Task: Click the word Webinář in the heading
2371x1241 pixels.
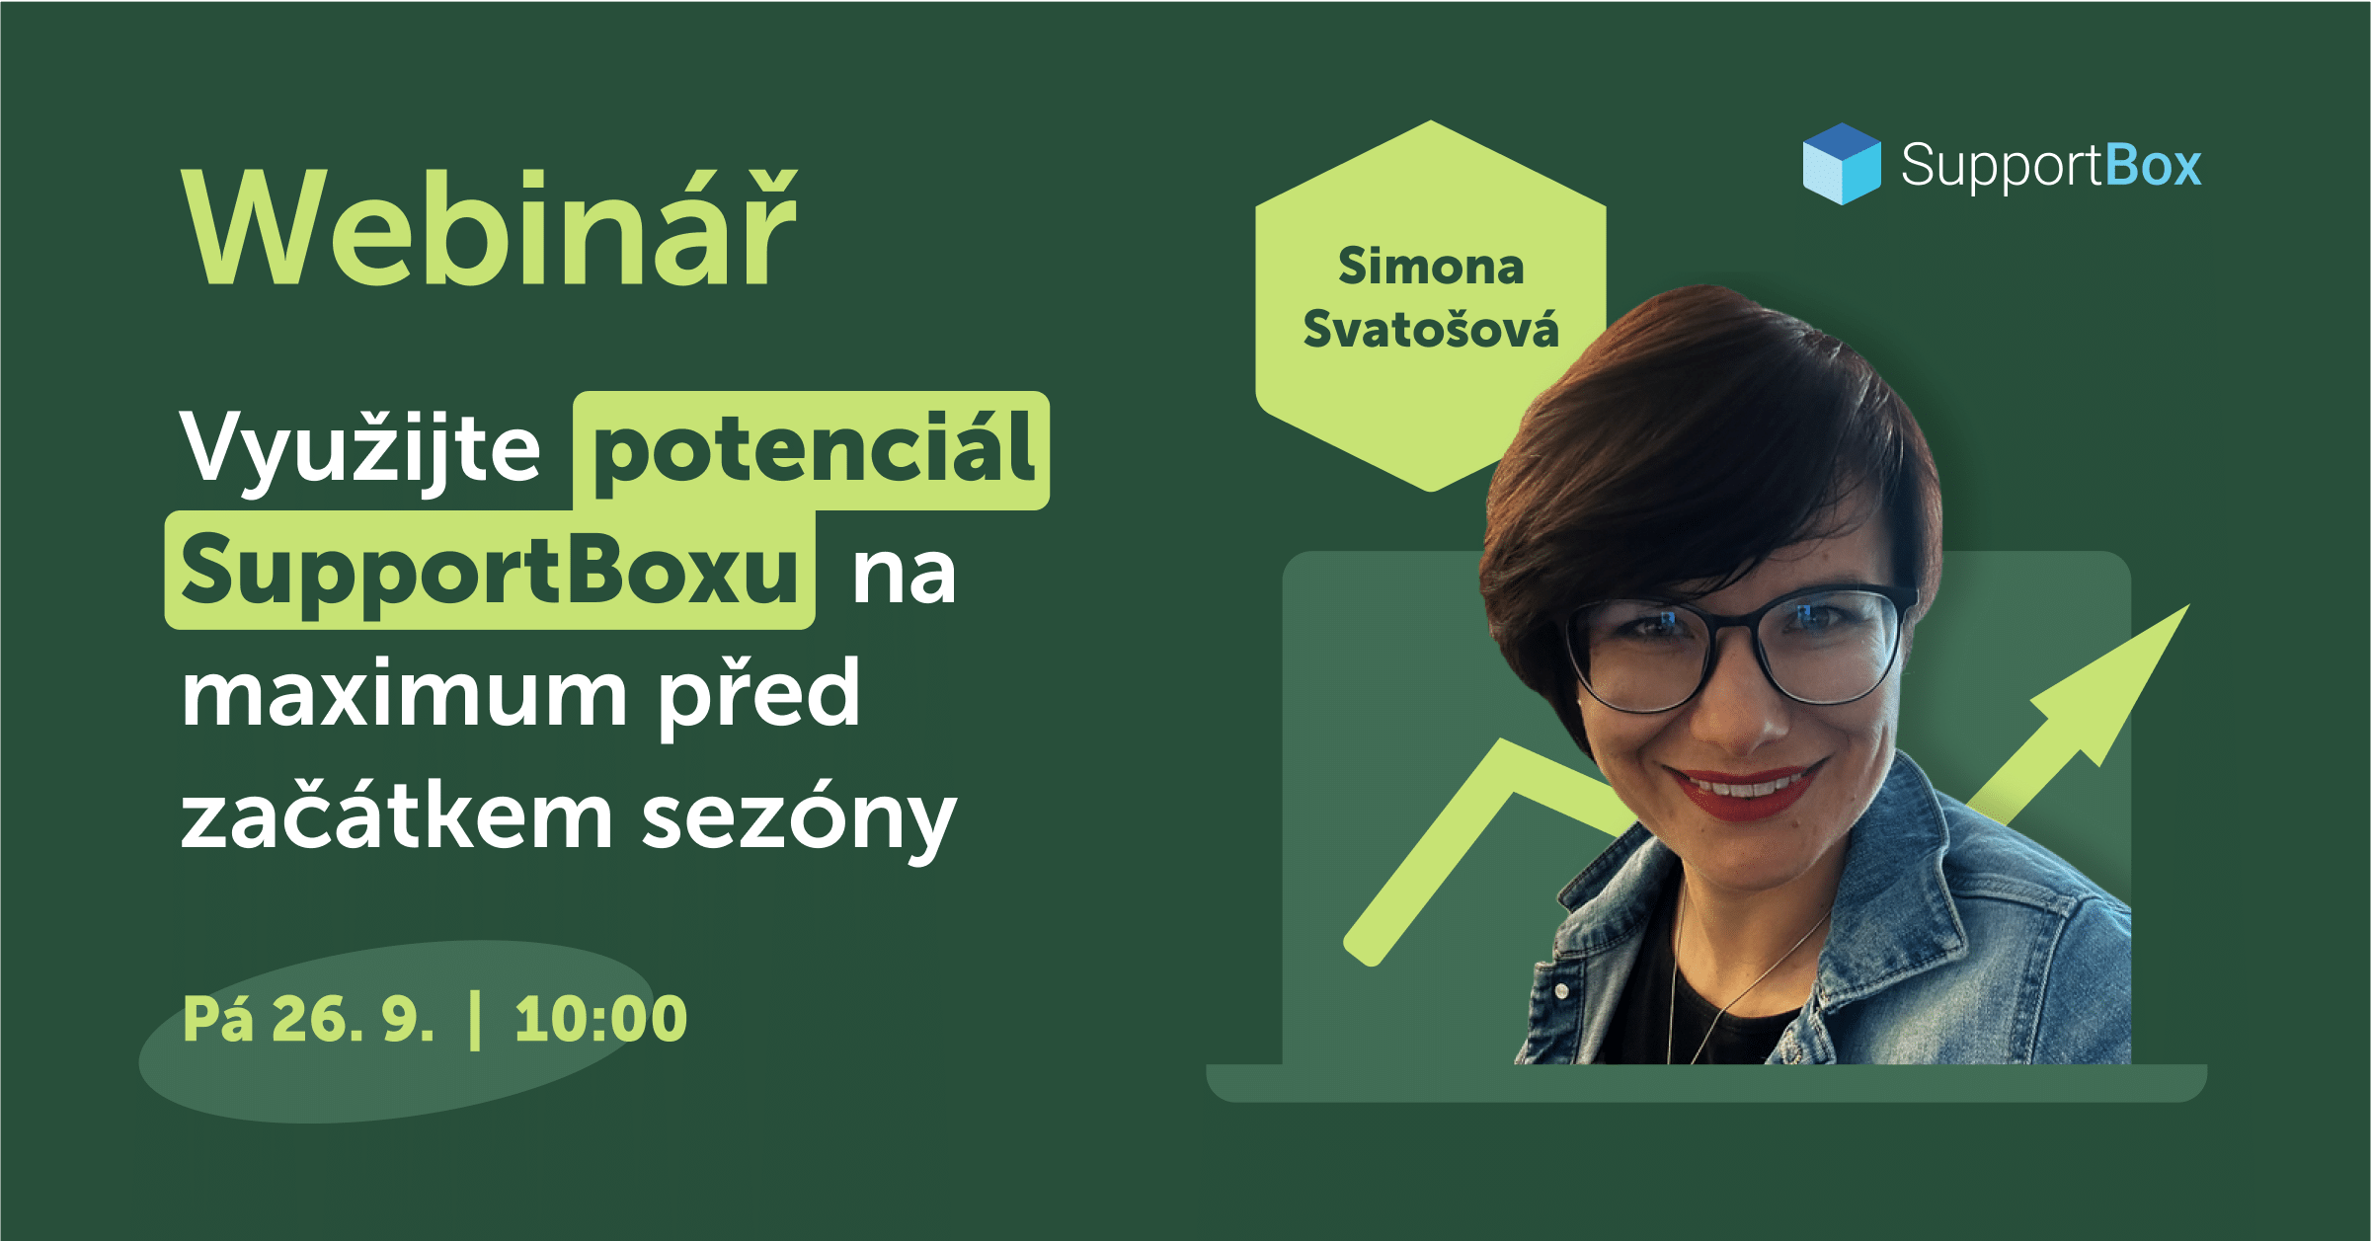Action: point(490,228)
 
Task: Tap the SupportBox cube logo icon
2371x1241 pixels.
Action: point(1842,164)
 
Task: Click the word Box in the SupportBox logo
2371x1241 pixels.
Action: point(2154,166)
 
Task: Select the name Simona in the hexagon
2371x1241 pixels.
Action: point(1431,267)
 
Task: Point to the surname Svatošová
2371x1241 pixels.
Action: point(1431,328)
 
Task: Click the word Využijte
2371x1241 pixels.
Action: point(360,449)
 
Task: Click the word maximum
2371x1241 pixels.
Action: point(404,695)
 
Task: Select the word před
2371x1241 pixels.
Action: point(759,693)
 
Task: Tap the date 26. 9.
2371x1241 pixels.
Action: point(353,1020)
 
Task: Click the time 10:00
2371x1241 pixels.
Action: point(600,1020)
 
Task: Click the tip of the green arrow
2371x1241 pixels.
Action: point(2189,605)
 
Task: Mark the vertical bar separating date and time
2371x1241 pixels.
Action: point(476,1020)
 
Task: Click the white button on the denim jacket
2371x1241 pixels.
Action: point(1561,989)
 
